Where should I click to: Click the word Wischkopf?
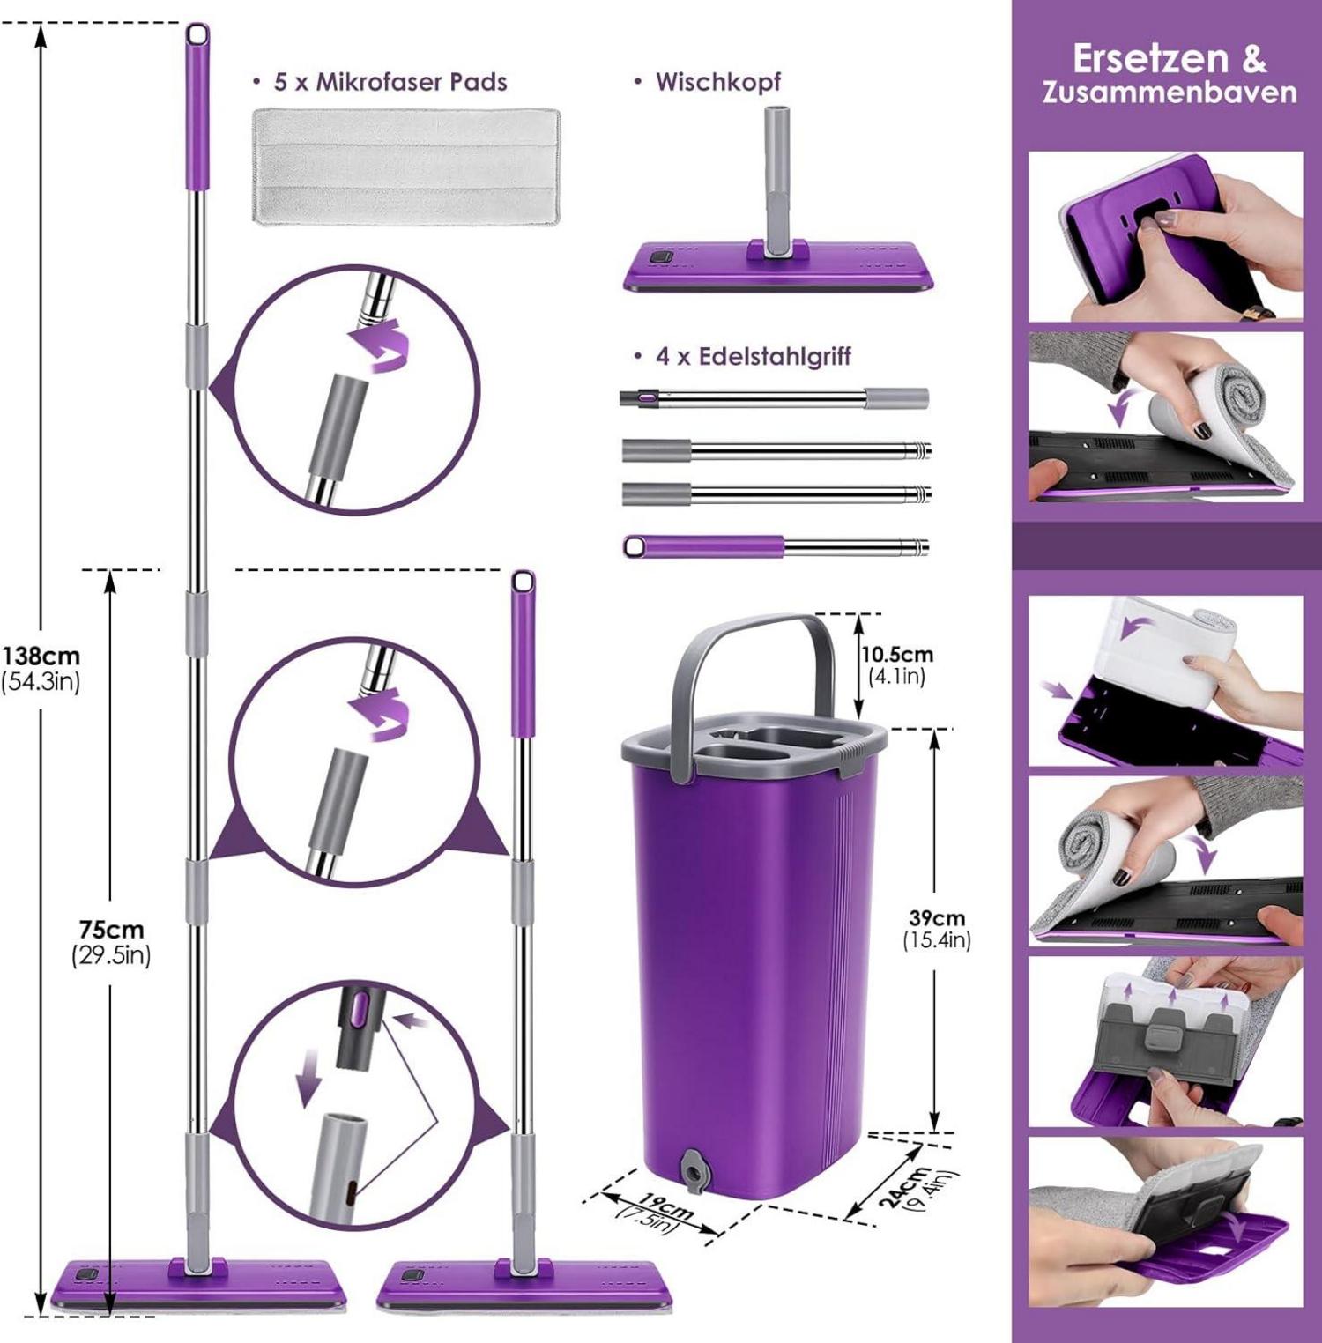(x=718, y=82)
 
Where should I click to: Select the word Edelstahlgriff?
(x=776, y=357)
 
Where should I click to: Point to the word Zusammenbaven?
(x=1170, y=93)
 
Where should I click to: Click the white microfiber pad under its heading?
(x=406, y=167)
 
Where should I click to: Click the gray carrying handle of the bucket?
(x=749, y=630)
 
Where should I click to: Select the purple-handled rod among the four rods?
(x=776, y=546)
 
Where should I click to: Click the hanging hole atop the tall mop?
(x=198, y=35)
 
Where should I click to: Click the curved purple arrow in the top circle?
(x=380, y=347)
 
